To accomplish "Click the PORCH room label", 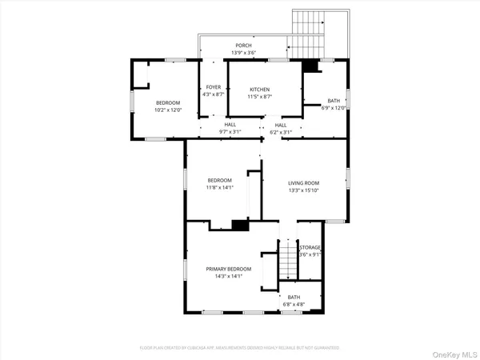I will click(243, 46).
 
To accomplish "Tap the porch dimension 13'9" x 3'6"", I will click(243, 53).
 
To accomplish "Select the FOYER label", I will click(213, 86).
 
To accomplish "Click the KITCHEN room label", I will click(259, 89).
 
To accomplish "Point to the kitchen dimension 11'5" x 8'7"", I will click(259, 96).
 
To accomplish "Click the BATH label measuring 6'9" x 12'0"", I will click(334, 101).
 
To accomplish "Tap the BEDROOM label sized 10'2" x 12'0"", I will click(168, 102).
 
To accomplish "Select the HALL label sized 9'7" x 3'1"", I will click(230, 125).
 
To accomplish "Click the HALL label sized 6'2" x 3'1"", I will click(281, 125).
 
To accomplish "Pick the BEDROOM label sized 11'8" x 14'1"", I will click(219, 180).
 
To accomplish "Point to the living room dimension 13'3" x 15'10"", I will click(304, 190).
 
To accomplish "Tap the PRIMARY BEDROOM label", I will click(228, 269).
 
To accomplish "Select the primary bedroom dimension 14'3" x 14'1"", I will click(228, 277).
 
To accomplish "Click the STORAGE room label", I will click(310, 248).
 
